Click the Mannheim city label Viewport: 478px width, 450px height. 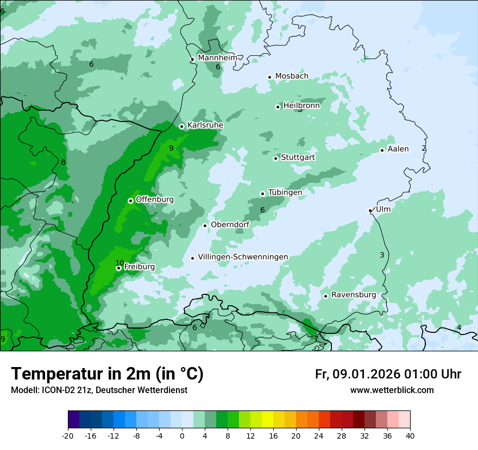pyautogui.click(x=217, y=57)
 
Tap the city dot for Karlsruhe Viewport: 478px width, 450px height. pyautogui.click(x=182, y=126)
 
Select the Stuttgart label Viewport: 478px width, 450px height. pyautogui.click(x=298, y=157)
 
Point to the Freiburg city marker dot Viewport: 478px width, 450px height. pyautogui.click(x=118, y=268)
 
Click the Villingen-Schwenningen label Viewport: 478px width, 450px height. pyautogui.click(x=243, y=257)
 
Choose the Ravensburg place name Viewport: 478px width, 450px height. pyautogui.click(x=354, y=295)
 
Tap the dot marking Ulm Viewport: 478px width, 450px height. pyautogui.click(x=370, y=210)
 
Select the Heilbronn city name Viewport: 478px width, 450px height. pyautogui.click(x=301, y=106)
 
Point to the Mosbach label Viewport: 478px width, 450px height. pyautogui.click(x=292, y=76)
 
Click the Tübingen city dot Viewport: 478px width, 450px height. pyautogui.click(x=263, y=194)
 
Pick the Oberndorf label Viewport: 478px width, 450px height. pyautogui.click(x=230, y=224)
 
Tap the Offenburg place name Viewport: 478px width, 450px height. pyautogui.click(x=155, y=200)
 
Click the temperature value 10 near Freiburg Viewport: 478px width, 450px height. pyautogui.click(x=119, y=263)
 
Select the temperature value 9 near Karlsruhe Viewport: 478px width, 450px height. pyautogui.click(x=171, y=148)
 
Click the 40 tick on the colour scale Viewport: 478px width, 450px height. pyautogui.click(x=410, y=435)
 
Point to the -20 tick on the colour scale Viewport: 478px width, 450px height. pyautogui.click(x=68, y=435)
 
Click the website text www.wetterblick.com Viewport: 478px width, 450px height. pyautogui.click(x=392, y=390)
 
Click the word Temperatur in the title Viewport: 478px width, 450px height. pyautogui.click(x=56, y=374)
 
